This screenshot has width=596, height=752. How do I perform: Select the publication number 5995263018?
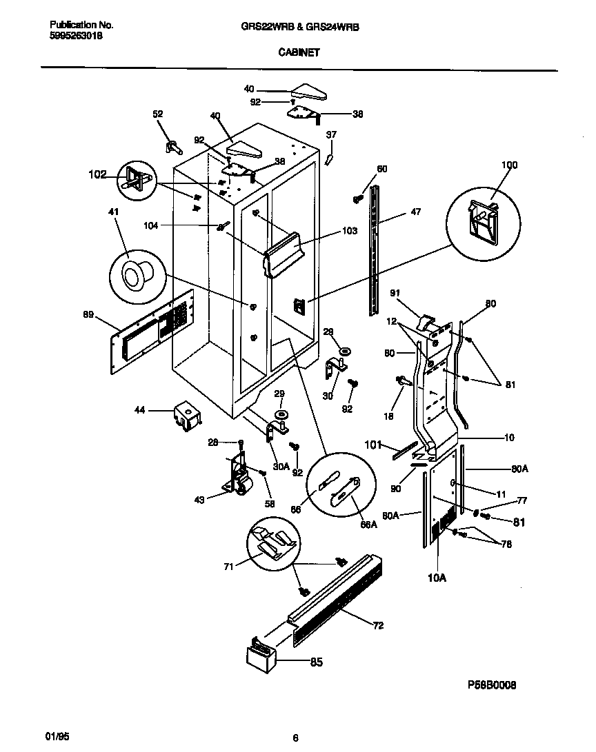point(77,39)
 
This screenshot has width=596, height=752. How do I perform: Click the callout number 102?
point(98,175)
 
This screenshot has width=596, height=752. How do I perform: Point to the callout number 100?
point(509,165)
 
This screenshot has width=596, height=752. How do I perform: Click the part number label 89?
point(88,316)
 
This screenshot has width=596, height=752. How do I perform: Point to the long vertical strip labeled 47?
point(374,248)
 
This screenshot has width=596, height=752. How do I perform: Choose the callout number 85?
point(316,663)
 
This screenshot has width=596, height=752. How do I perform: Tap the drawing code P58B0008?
point(491,685)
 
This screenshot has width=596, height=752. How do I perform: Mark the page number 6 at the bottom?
point(295,738)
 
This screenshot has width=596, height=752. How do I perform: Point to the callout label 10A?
point(437,578)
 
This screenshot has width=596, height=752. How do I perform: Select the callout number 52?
point(158,114)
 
